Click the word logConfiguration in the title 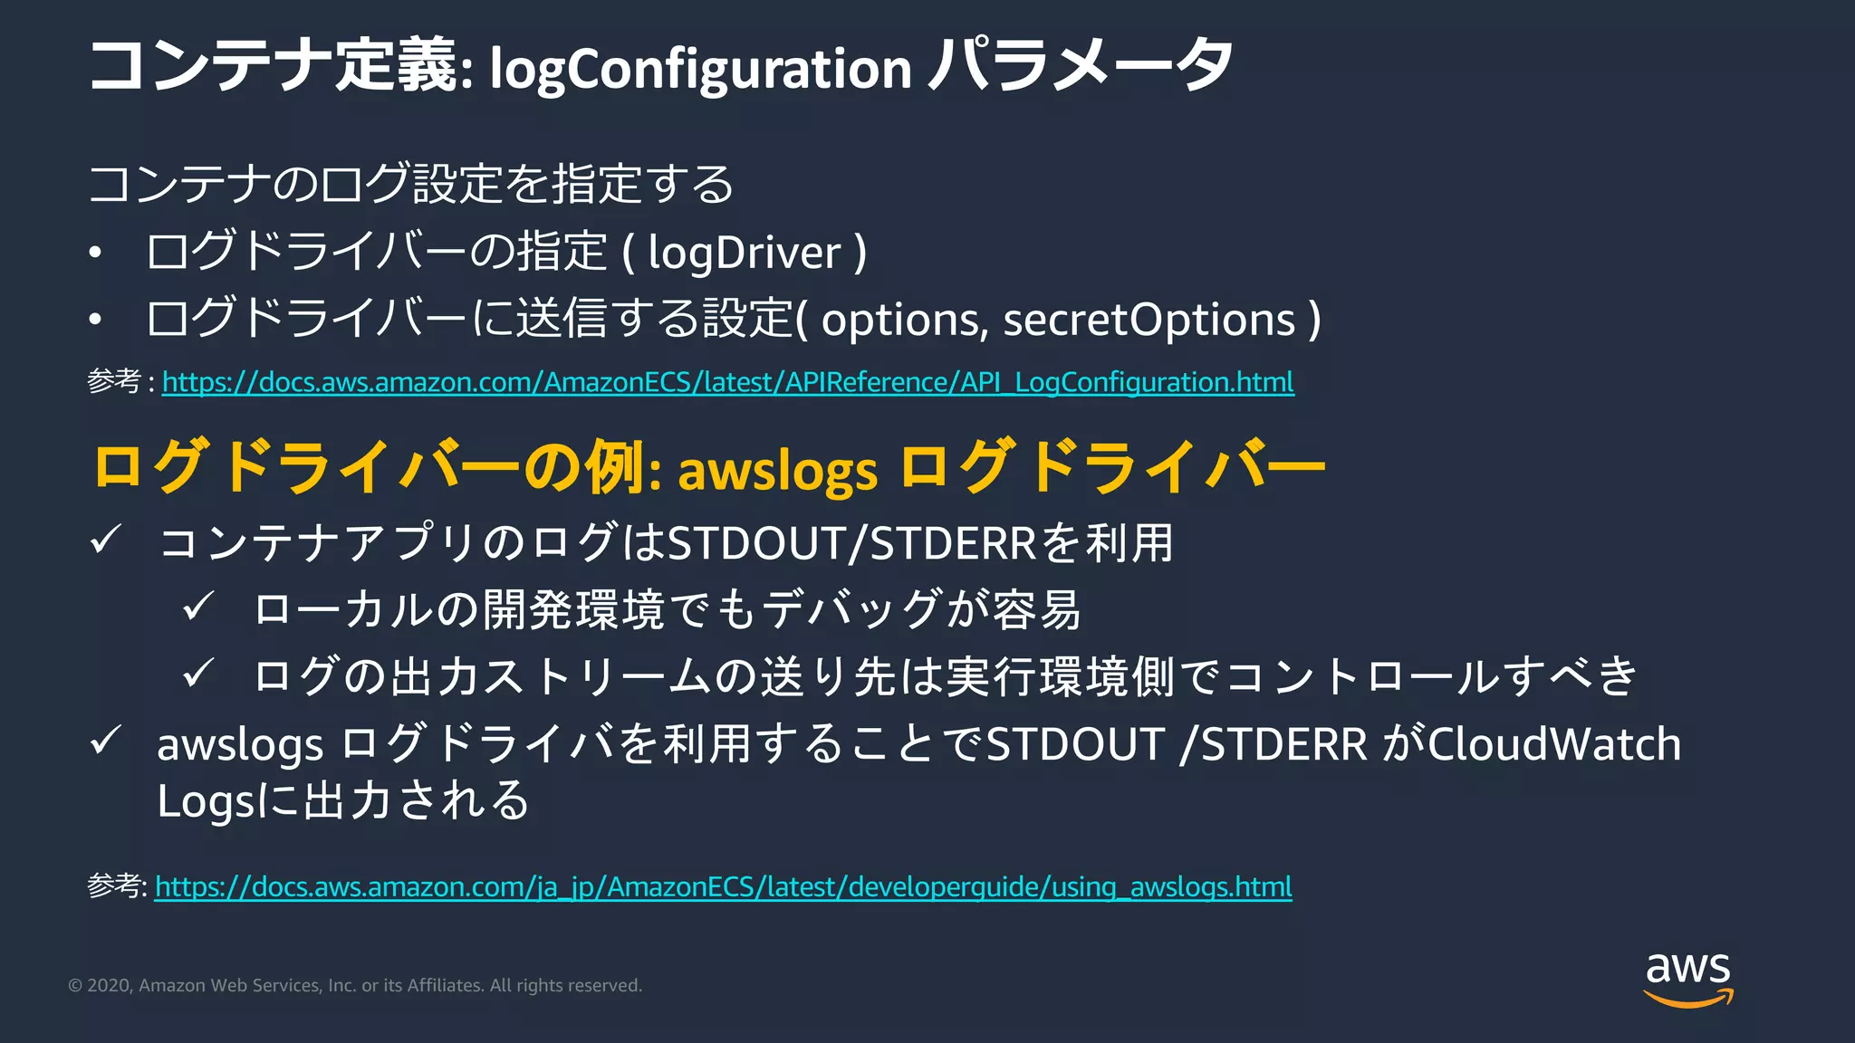tap(700, 69)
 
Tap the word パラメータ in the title tap(1081, 65)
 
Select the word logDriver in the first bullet tap(745, 253)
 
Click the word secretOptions tap(1149, 320)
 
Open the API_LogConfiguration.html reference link tap(727, 382)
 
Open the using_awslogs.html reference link tap(723, 886)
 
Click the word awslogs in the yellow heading tap(777, 471)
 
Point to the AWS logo tap(1687, 979)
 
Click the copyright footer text tap(355, 985)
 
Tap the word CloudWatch tap(1554, 744)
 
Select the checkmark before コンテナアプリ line tap(106, 541)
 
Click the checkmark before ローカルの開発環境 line tap(198, 607)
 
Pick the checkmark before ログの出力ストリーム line tap(198, 674)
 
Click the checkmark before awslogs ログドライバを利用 tap(106, 742)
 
